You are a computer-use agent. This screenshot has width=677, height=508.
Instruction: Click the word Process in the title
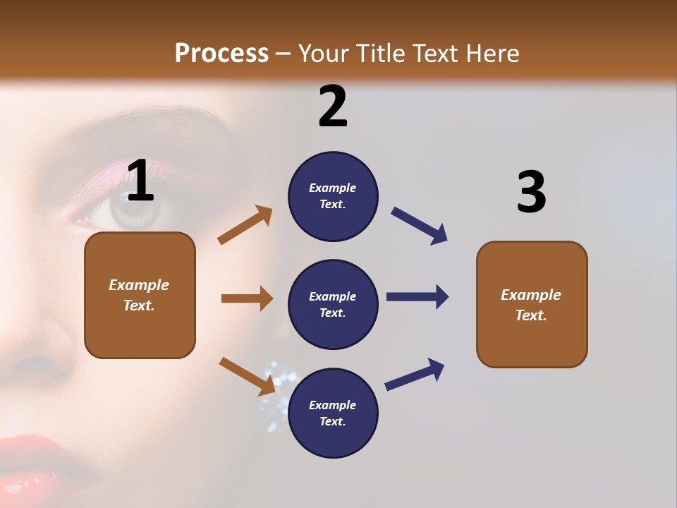221,54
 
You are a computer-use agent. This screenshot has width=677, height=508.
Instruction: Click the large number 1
140,181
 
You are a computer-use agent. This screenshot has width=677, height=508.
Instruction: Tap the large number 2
333,107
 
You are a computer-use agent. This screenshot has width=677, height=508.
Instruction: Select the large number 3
531,192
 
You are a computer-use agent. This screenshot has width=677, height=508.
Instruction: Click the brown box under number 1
140,295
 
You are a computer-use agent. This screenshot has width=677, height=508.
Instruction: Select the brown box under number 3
532,304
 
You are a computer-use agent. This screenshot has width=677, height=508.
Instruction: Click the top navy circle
333,196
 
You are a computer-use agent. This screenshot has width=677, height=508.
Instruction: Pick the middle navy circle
333,304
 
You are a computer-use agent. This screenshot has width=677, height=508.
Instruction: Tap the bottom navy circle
333,413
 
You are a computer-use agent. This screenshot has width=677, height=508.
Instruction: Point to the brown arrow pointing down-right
247,375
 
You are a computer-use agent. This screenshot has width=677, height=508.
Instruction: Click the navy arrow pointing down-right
420,226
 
